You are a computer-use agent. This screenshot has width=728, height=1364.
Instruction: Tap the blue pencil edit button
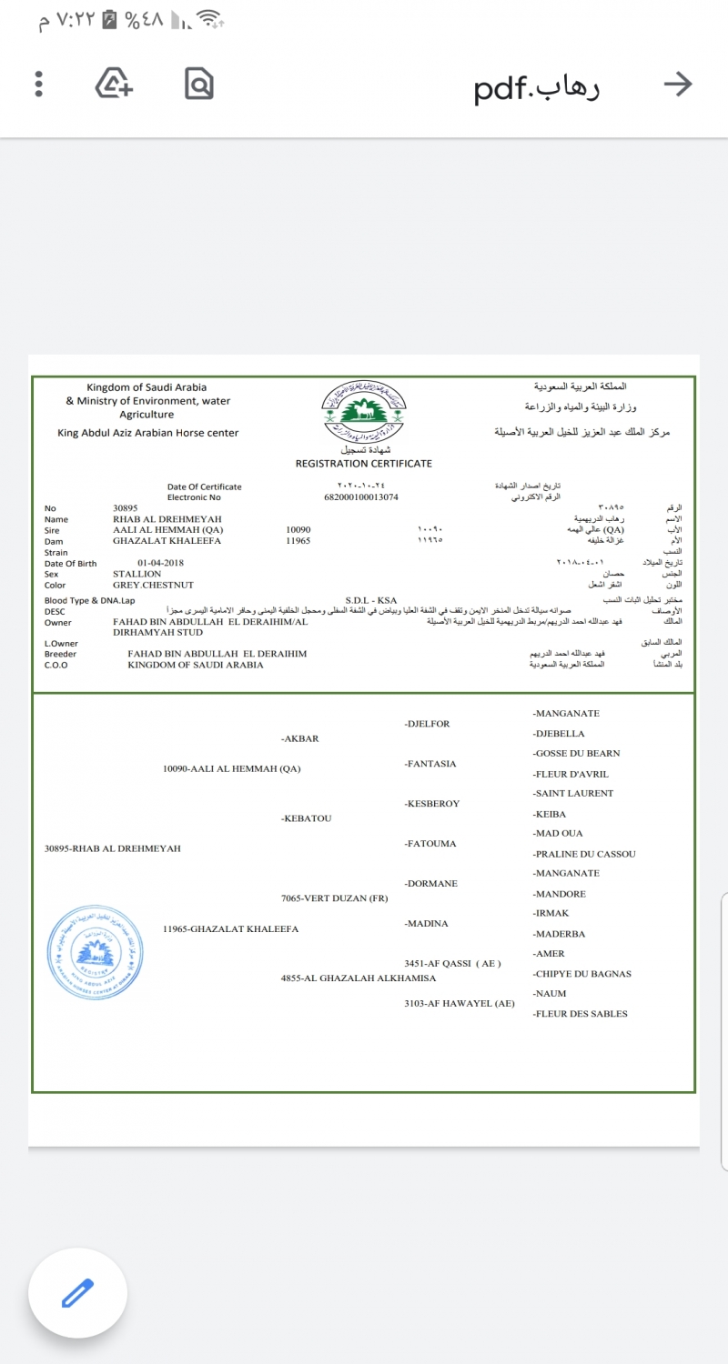[78, 1292]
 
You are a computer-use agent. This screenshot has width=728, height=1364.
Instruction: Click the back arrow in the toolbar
[678, 85]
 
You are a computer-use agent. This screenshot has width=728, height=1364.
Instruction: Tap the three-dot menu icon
[38, 85]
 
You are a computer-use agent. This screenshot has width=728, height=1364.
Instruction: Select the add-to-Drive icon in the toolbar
[115, 85]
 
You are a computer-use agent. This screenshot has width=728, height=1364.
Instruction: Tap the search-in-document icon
[198, 85]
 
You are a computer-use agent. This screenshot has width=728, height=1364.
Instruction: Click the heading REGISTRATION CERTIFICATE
[364, 464]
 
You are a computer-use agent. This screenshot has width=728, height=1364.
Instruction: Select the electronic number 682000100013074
[361, 497]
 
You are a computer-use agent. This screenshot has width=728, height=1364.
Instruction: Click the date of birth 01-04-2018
[161, 563]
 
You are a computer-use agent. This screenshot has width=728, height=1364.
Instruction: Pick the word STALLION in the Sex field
[136, 574]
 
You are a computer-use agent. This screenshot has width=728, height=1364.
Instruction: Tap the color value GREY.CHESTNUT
[153, 585]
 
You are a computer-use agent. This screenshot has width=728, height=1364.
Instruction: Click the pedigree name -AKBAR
[300, 738]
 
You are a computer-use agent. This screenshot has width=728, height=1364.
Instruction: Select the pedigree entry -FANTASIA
[430, 764]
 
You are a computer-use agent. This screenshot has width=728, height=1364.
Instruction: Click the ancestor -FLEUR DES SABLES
[581, 1014]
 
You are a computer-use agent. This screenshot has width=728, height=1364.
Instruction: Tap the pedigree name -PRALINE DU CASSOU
[584, 854]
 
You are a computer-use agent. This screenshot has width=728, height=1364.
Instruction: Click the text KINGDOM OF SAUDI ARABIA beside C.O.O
[196, 665]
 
